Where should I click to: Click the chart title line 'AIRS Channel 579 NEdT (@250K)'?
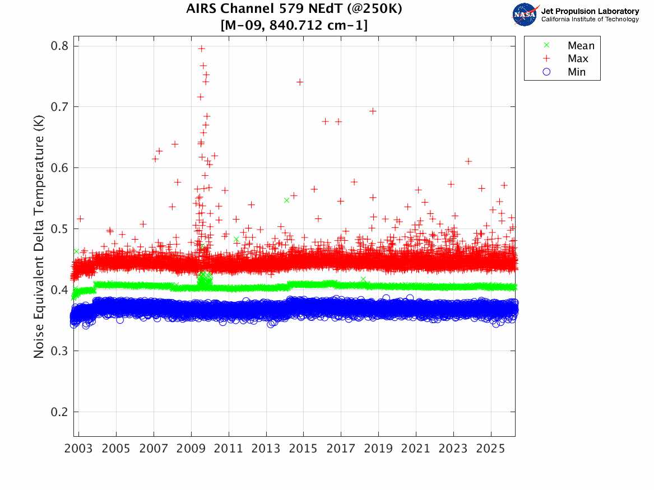[x=294, y=8]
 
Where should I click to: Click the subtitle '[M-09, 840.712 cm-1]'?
[x=294, y=25]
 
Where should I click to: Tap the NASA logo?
[x=526, y=15]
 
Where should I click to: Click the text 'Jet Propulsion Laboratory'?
[x=590, y=11]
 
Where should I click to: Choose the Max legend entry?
[x=567, y=58]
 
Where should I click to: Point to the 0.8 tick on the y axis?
[x=59, y=46]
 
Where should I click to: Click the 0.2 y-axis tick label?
[x=59, y=412]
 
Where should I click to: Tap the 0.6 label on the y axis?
[x=59, y=168]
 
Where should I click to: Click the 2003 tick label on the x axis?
[x=78, y=449]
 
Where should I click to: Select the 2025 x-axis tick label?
[x=491, y=449]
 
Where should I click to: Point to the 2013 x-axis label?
[x=266, y=449]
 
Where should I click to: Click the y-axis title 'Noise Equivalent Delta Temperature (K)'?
[x=39, y=236]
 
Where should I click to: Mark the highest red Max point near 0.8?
[x=201, y=49]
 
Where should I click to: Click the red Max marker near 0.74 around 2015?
[x=300, y=82]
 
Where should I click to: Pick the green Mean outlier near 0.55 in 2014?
[x=286, y=200]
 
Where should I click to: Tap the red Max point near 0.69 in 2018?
[x=373, y=111]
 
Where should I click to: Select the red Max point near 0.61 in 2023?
[x=469, y=161]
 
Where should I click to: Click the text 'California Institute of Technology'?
[x=590, y=19]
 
